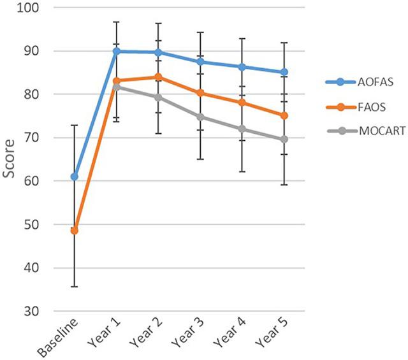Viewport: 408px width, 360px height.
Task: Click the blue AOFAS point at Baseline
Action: (75, 176)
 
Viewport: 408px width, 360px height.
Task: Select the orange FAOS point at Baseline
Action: (75, 230)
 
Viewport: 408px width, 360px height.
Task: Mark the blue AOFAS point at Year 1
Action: (117, 51)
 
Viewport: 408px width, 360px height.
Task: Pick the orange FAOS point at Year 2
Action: (158, 77)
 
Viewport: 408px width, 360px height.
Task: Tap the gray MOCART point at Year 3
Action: (200, 117)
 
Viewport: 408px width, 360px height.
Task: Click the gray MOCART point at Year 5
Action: (284, 139)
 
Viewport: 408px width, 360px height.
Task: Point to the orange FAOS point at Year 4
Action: (242, 103)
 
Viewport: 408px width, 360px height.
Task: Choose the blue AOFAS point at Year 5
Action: (284, 72)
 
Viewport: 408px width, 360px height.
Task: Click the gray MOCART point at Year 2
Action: (158, 97)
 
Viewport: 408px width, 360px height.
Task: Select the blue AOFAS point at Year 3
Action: (200, 62)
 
